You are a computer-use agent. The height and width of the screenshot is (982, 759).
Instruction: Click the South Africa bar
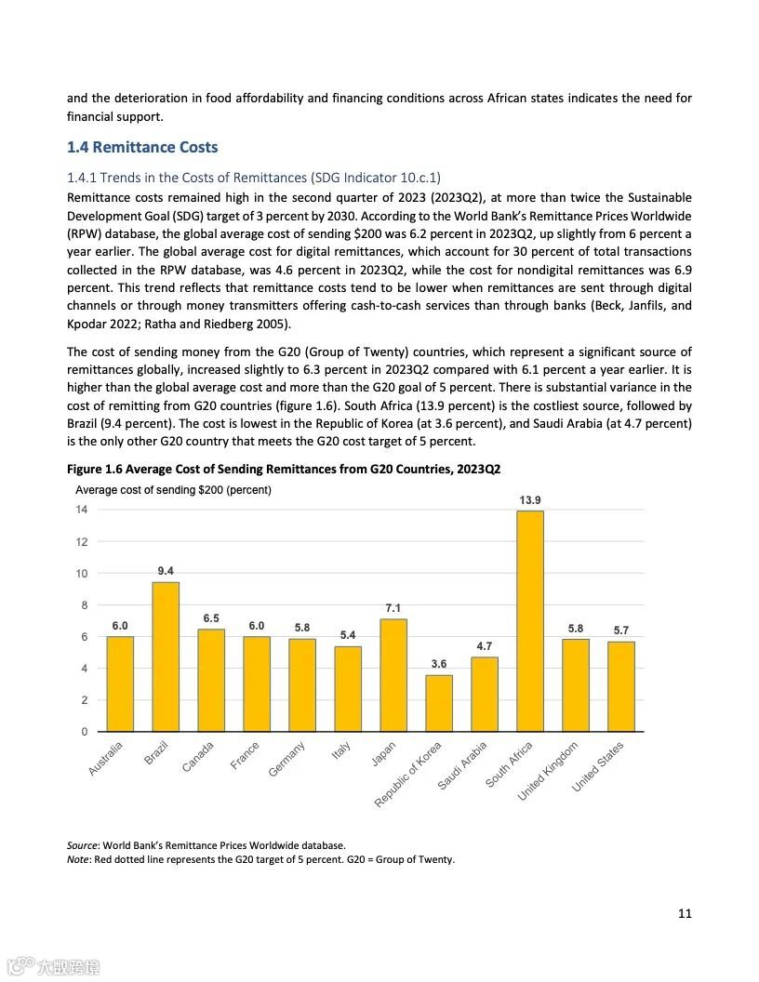[530, 621]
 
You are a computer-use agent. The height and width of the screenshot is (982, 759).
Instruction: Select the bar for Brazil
[166, 657]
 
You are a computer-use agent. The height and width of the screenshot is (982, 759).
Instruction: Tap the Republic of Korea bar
[439, 703]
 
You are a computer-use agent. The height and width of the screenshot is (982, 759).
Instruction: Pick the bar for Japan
[393, 675]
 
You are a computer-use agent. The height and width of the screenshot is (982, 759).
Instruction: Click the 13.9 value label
[530, 500]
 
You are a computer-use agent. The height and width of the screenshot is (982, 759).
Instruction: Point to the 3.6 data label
[439, 664]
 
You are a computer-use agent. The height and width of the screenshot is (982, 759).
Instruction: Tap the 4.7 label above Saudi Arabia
[485, 646]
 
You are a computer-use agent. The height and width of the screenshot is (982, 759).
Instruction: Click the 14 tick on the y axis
[82, 510]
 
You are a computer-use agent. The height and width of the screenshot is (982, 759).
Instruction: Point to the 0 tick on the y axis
[85, 732]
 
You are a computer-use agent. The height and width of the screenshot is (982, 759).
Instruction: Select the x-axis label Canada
[199, 756]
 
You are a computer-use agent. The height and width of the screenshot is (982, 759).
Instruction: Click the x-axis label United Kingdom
[549, 771]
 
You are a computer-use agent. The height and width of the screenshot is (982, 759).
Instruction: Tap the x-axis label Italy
[341, 751]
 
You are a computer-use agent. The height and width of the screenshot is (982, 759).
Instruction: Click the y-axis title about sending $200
[173, 490]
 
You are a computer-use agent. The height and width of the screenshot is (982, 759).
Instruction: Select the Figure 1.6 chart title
[289, 470]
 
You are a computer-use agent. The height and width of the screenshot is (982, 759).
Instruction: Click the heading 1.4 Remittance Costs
[142, 147]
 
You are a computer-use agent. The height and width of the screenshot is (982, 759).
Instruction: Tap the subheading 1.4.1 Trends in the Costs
[254, 177]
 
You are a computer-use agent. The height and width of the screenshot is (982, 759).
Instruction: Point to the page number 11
[685, 913]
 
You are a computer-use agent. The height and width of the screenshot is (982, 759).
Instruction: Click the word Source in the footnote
[82, 845]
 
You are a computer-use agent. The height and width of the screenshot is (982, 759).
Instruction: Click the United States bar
[621, 686]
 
